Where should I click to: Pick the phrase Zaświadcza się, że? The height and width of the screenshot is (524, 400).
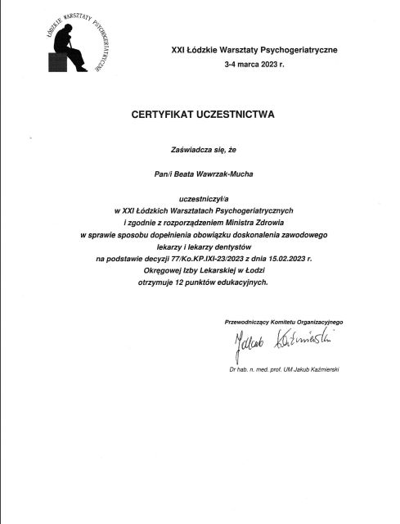point(199,151)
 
